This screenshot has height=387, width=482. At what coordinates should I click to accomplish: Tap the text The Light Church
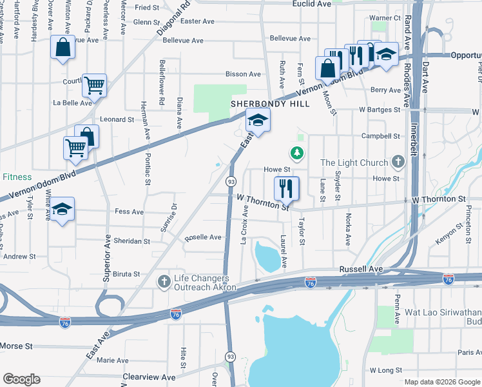pos(354,163)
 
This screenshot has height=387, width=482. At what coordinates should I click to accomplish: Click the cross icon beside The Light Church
pos(399,162)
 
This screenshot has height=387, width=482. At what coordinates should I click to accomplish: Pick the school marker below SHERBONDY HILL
pos(258,121)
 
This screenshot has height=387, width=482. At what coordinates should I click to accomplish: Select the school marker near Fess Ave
pos(63,210)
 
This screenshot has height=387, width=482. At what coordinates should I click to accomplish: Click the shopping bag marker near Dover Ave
pos(63,47)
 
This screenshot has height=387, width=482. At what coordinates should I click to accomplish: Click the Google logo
pos(22,379)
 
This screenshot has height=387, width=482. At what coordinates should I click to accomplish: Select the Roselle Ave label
pos(203,237)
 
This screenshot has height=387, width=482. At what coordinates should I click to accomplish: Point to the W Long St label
pos(386,370)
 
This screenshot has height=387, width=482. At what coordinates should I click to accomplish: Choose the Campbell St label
pos(380,136)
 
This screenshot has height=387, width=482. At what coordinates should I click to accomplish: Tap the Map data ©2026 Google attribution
pos(441,382)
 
